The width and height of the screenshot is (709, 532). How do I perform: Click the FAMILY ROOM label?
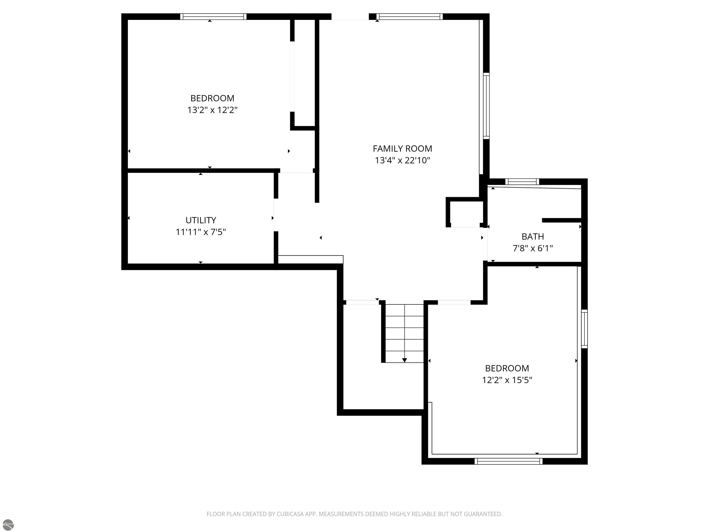point(402,148)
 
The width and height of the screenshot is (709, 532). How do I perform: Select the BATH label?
point(533,236)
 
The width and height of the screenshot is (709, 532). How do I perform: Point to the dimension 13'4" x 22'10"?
point(402,160)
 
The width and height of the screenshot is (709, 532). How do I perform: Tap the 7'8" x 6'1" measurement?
point(533,248)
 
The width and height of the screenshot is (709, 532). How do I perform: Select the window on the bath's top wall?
point(522,182)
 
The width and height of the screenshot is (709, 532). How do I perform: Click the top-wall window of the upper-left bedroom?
point(213,17)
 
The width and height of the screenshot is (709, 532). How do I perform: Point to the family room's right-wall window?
point(486,106)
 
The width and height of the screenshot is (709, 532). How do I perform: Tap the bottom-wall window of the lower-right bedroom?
point(508,461)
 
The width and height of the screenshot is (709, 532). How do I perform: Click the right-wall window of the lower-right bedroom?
point(584,329)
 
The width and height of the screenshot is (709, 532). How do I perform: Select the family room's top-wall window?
point(410,17)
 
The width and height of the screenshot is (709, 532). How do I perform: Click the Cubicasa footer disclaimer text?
point(354,514)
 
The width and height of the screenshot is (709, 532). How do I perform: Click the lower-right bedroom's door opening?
point(454,302)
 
